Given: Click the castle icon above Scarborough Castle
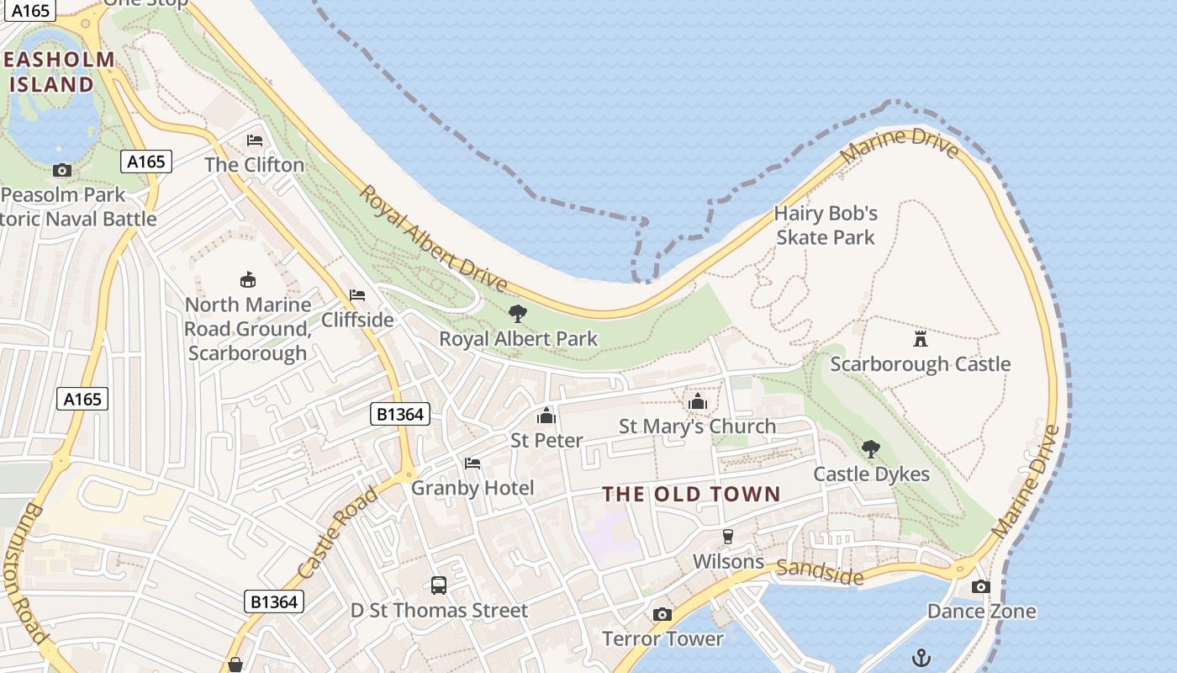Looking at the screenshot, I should pyautogui.click(x=921, y=339).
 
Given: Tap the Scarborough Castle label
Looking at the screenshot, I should pyautogui.click(x=921, y=364).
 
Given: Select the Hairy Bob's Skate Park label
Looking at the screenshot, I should pyautogui.click(x=826, y=225).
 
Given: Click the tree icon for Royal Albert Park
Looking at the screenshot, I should pyautogui.click(x=518, y=314).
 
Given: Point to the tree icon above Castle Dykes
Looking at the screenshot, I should pyautogui.click(x=871, y=448).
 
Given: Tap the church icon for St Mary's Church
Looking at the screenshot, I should pyautogui.click(x=697, y=402).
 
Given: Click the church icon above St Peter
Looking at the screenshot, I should pyautogui.click(x=546, y=416).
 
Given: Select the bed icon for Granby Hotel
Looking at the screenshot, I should pyautogui.click(x=472, y=464).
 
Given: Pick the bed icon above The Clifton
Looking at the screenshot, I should pyautogui.click(x=255, y=140).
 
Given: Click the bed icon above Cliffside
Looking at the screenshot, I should pyautogui.click(x=357, y=295).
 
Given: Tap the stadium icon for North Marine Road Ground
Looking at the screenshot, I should pyautogui.click(x=247, y=279).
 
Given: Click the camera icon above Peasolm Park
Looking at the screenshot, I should pyautogui.click(x=61, y=170).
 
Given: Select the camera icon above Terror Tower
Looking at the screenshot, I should pyautogui.click(x=662, y=614).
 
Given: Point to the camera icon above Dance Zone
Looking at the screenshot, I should pyautogui.click(x=980, y=586).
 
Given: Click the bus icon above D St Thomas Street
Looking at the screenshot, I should pyautogui.click(x=438, y=585).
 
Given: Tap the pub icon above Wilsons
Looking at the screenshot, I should pyautogui.click(x=728, y=537).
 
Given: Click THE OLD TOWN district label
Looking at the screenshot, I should pyautogui.click(x=692, y=494).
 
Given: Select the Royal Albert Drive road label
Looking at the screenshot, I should pyautogui.click(x=433, y=237).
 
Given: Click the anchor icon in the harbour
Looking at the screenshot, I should pyautogui.click(x=921, y=656).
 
